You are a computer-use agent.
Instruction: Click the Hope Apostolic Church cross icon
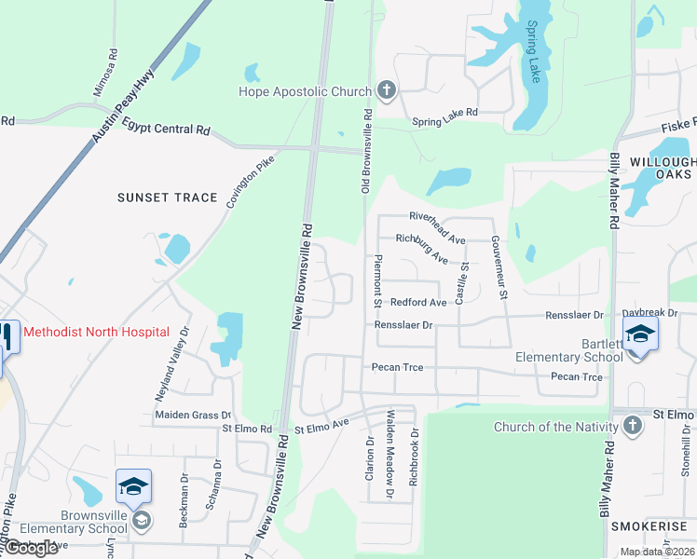point(387,91)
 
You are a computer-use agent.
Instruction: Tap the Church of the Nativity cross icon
point(633,427)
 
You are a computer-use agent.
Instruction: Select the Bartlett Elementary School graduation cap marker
point(640,334)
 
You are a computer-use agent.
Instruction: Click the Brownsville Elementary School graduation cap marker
point(132,485)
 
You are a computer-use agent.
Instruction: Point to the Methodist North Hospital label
point(96,332)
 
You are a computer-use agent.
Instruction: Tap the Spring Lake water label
point(534,51)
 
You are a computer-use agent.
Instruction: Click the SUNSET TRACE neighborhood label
point(167,198)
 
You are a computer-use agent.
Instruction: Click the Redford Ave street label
point(418,303)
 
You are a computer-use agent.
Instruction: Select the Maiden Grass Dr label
point(193,415)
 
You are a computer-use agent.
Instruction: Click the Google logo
point(32,548)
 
